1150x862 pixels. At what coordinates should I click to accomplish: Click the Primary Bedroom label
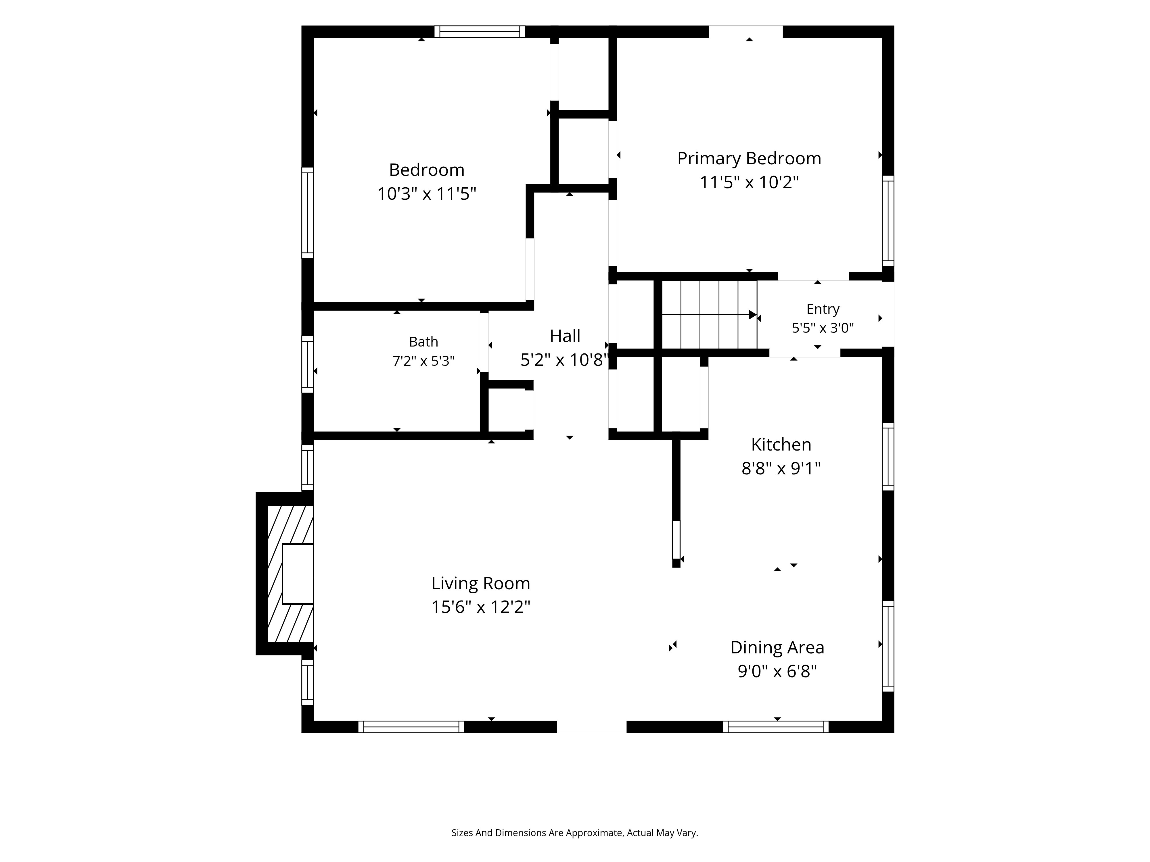point(749,159)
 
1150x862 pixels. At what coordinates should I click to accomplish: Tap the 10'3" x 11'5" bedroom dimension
point(427,194)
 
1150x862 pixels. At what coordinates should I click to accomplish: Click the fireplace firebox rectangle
point(297,574)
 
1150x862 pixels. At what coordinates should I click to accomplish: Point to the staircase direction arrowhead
point(753,315)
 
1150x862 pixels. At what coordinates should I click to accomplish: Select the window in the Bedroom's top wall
point(480,32)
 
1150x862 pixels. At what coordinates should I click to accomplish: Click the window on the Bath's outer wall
point(308,364)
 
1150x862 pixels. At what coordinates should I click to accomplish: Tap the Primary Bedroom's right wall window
point(888,221)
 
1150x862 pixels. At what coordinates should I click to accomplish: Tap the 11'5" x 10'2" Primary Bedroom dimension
point(749,182)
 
